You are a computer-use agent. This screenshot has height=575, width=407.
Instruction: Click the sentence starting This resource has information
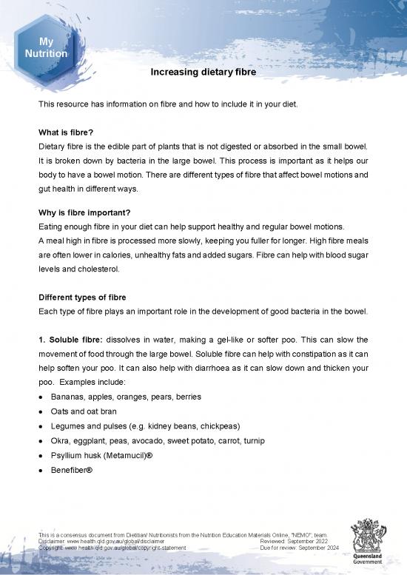[x=169, y=104]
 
